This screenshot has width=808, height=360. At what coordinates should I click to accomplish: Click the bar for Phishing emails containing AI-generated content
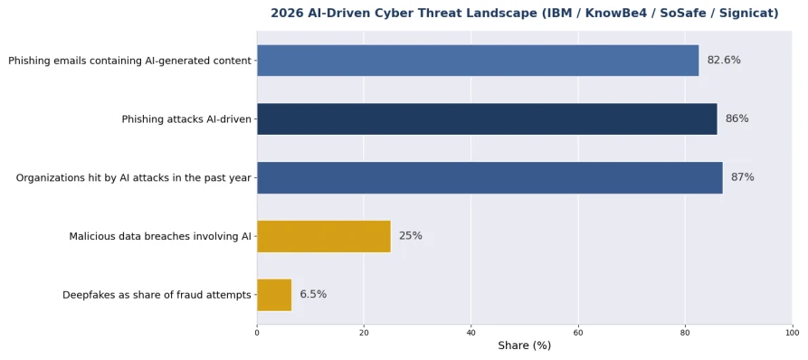(x=478, y=61)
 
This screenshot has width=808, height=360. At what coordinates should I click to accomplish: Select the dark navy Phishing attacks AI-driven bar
(x=487, y=119)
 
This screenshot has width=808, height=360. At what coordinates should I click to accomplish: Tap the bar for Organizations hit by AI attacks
(x=490, y=177)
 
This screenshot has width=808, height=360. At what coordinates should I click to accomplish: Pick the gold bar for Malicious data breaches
(x=324, y=236)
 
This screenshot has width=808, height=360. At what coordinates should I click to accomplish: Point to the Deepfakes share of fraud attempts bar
(x=274, y=295)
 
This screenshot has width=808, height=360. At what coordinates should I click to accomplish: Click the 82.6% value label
(x=724, y=61)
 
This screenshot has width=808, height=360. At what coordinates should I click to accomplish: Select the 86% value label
(x=737, y=119)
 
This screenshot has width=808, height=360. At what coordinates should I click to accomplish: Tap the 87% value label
(x=742, y=177)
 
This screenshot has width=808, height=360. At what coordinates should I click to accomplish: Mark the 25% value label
(x=410, y=236)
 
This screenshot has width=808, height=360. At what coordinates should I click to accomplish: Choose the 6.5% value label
(x=313, y=295)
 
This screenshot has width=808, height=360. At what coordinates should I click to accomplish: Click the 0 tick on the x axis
(x=257, y=333)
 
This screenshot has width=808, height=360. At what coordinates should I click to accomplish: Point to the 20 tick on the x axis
(x=364, y=333)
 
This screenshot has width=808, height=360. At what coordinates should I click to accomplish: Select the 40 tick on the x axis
(x=471, y=333)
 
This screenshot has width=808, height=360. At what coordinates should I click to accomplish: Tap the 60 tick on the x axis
(x=578, y=333)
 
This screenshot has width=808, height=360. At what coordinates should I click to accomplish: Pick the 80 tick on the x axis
(x=685, y=333)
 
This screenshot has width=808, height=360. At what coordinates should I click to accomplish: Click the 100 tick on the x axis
(x=792, y=333)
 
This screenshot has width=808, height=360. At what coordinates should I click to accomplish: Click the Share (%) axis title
(x=525, y=346)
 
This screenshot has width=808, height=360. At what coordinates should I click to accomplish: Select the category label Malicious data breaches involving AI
(x=160, y=237)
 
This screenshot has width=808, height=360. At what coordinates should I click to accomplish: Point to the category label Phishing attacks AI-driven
(x=186, y=119)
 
